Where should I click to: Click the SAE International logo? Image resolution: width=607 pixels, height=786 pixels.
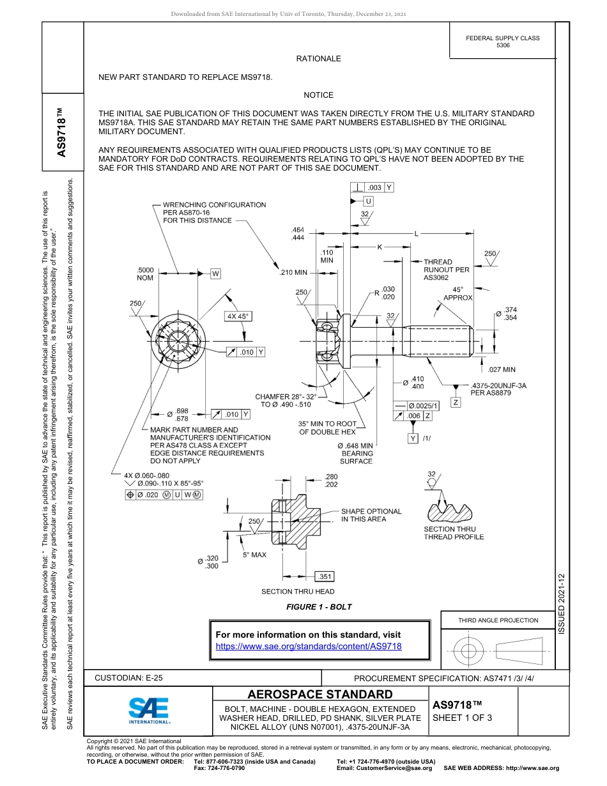coord(148,710)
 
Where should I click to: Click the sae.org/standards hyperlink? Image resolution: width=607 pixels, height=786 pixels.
coord(309,647)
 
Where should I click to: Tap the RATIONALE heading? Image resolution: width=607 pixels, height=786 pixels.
coord(318,59)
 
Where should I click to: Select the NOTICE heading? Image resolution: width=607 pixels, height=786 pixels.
coord(318,95)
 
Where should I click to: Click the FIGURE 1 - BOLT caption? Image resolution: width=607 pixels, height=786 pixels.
coord(319,606)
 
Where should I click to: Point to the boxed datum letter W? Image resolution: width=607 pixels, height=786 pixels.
coord(216,274)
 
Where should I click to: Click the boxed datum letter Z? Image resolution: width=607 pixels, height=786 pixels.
coord(456,402)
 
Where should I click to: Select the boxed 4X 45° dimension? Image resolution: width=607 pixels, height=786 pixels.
coord(237,316)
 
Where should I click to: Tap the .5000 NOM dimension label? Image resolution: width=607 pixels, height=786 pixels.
coord(145,274)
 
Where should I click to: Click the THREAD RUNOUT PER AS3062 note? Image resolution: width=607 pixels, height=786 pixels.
coord(446,270)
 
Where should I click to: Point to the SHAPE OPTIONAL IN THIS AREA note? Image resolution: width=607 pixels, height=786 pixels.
coord(371,515)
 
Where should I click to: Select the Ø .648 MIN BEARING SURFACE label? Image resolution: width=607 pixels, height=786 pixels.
coord(355,453)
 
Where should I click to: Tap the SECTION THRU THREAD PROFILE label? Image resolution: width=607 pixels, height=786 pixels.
coord(454,533)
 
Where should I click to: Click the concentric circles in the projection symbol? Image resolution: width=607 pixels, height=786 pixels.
coord(469,651)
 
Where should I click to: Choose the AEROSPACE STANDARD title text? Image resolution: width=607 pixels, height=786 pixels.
coord(320,695)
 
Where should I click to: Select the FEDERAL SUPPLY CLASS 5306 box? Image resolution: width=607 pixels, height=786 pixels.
coord(502,42)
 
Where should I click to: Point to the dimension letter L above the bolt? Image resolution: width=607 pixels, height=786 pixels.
coord(417,233)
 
